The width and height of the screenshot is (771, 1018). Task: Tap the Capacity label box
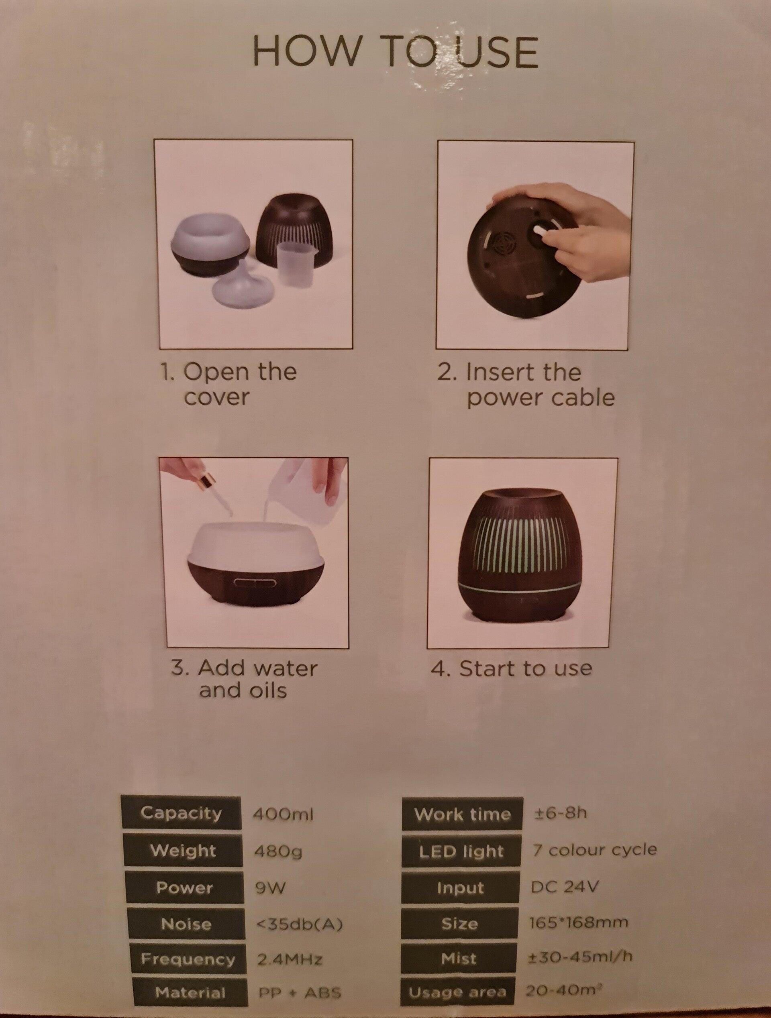(x=181, y=813)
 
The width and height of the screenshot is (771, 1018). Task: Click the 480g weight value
(x=277, y=851)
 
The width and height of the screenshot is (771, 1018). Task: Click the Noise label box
(x=186, y=924)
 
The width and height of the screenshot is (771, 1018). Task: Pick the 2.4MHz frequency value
(x=290, y=959)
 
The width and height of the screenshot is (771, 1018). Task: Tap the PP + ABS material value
(x=299, y=993)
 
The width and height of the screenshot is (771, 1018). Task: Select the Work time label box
(x=462, y=814)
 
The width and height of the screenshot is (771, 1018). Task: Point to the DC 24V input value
(x=564, y=886)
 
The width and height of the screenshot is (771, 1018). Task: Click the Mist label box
(x=459, y=959)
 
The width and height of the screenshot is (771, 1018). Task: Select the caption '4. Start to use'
(x=511, y=668)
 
